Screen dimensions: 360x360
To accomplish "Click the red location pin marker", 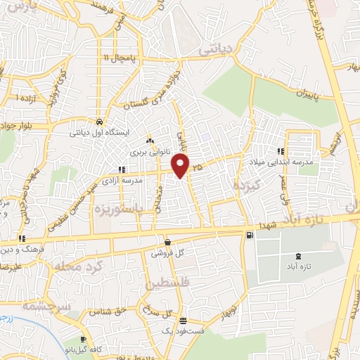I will tap(181, 166).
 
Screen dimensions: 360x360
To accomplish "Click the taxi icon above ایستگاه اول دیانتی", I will tap(100, 121).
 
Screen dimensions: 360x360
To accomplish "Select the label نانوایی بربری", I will tap(148, 151).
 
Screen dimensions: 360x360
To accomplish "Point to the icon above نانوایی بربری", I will tap(148, 141).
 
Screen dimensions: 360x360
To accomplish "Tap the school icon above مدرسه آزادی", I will tap(122, 169).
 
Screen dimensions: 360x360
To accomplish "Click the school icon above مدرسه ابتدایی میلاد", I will tap(281, 151).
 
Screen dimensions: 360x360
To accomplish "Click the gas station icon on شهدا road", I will tap(250, 235).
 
